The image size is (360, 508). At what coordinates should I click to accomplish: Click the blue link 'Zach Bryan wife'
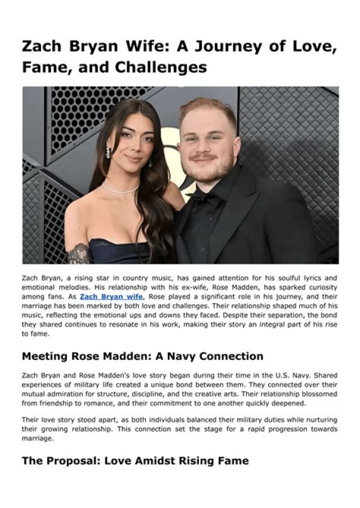pos(110,296)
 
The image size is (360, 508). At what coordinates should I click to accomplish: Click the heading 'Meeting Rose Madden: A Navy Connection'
pos(142,356)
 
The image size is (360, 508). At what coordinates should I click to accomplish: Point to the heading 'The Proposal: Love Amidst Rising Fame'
pos(135,460)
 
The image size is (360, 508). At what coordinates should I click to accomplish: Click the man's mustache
pos(204,157)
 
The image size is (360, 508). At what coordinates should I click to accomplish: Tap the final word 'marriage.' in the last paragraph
pos(37,438)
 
